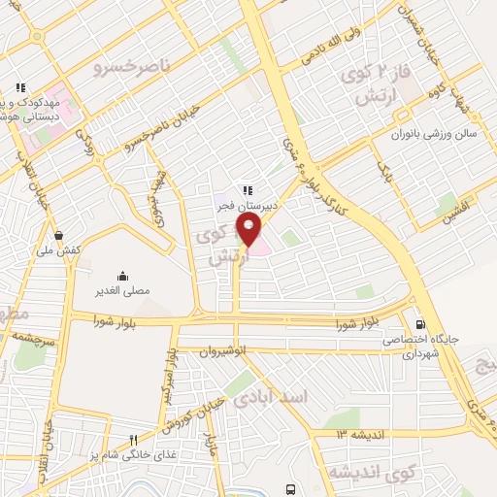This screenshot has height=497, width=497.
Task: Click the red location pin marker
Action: (249, 231)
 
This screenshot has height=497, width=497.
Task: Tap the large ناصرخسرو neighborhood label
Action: (130, 67)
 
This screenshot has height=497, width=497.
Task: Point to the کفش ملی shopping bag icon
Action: (59, 235)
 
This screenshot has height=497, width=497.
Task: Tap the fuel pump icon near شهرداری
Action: (419, 324)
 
